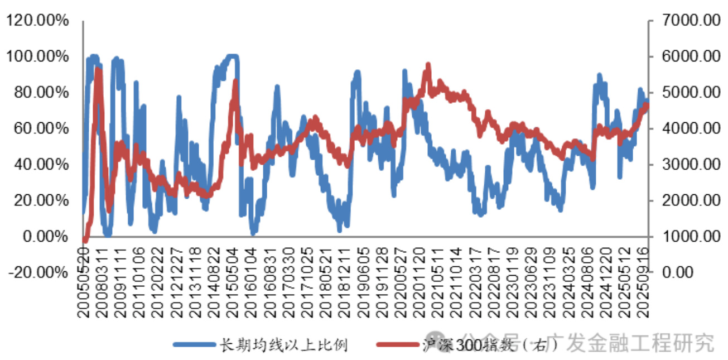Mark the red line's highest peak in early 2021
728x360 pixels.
(428, 65)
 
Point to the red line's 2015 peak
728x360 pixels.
(235, 81)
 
